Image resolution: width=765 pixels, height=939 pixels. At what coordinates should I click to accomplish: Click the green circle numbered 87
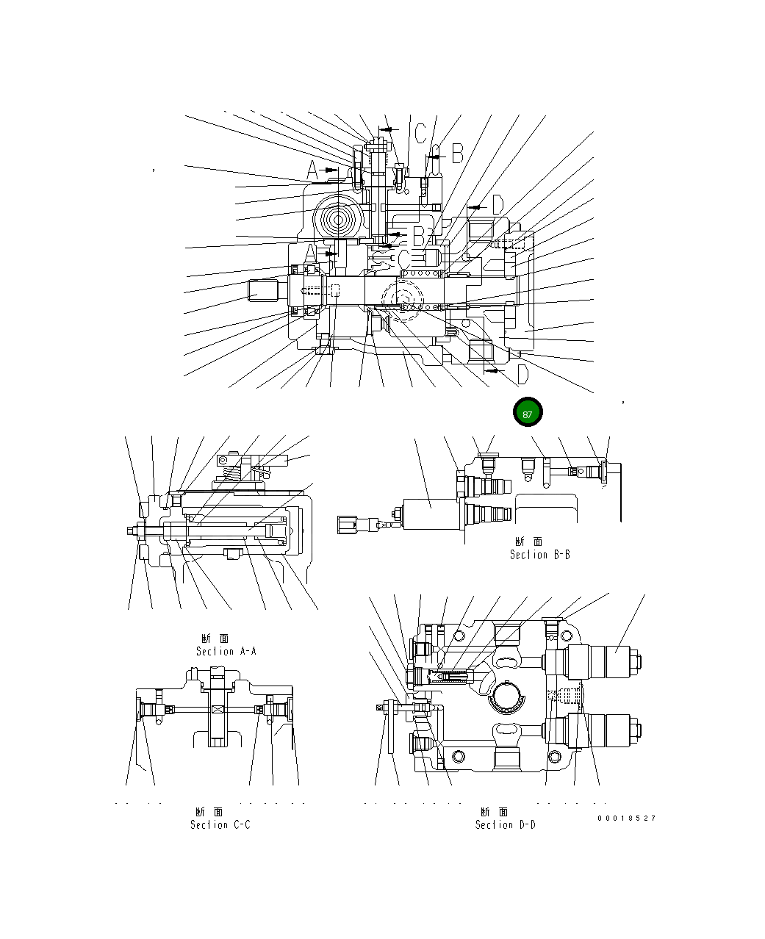pos(527,413)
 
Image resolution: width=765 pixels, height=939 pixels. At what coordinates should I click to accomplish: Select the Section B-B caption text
pos(539,548)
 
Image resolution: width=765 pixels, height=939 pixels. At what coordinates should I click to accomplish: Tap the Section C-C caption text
pos(220,819)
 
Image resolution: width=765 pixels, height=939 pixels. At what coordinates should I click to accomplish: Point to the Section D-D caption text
pos(505,819)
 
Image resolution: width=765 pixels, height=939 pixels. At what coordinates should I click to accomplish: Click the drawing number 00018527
pos(626,818)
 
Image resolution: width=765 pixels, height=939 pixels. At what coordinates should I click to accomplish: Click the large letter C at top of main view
pos(420,133)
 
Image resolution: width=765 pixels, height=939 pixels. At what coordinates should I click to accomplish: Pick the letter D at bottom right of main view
pos(522,375)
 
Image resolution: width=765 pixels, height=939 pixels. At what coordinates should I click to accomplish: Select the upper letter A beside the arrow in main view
pos(312,171)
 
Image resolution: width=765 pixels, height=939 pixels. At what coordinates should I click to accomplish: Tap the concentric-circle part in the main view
pos(340,219)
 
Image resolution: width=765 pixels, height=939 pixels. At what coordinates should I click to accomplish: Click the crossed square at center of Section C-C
pos(218,709)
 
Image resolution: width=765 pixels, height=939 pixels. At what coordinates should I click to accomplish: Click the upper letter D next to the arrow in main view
pos(497,206)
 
